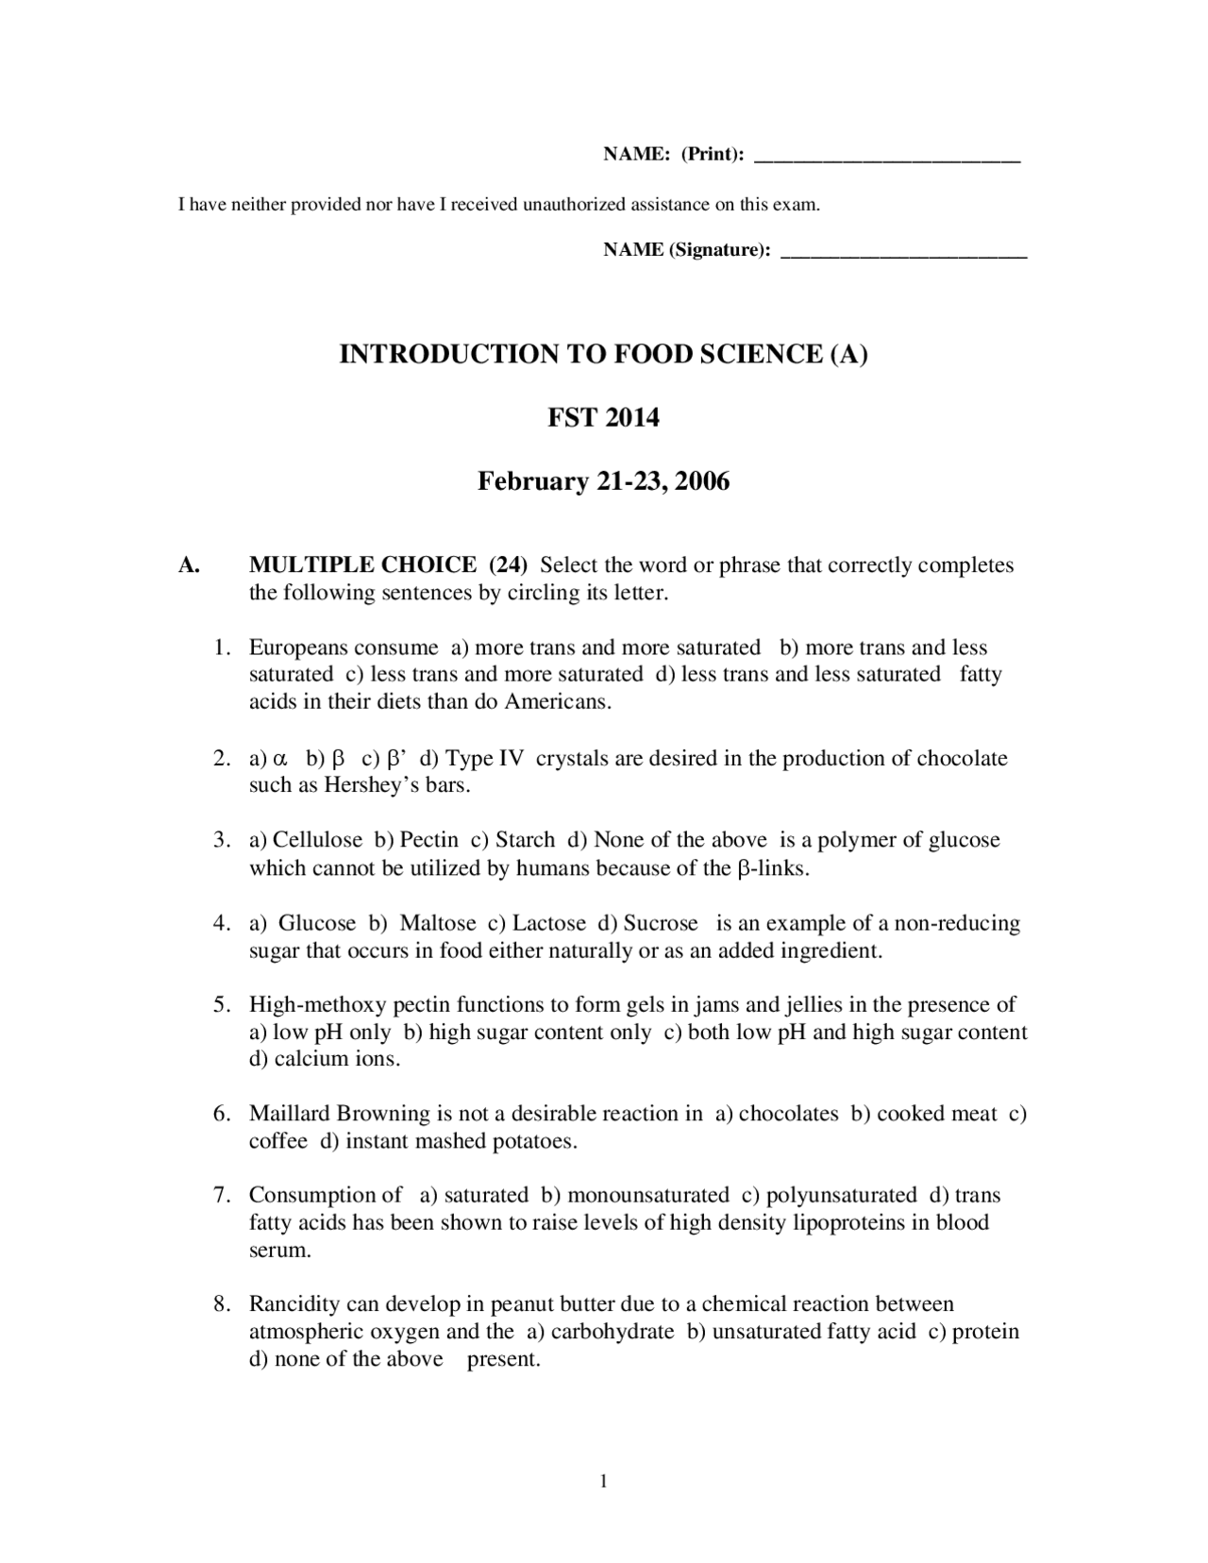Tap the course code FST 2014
tap(603, 417)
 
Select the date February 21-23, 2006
tap(603, 481)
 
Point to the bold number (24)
tap(508, 565)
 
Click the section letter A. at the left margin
tap(190, 565)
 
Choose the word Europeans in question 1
tap(294, 648)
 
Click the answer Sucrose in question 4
tap(661, 923)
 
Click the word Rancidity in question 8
tap(294, 1305)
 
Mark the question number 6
tap(222, 1115)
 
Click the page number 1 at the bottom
tap(604, 1481)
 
